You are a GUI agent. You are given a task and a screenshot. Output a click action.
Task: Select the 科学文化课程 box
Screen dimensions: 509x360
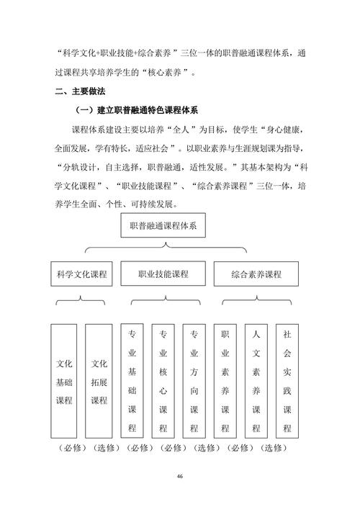point(81,274)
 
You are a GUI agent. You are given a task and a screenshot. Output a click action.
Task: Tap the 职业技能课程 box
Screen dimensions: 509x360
point(163,274)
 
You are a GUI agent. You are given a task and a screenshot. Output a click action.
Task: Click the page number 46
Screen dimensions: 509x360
point(179,477)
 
